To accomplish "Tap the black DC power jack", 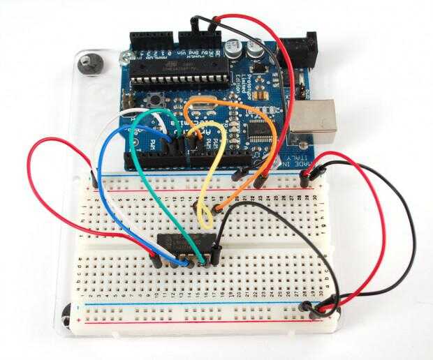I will (306, 51).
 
